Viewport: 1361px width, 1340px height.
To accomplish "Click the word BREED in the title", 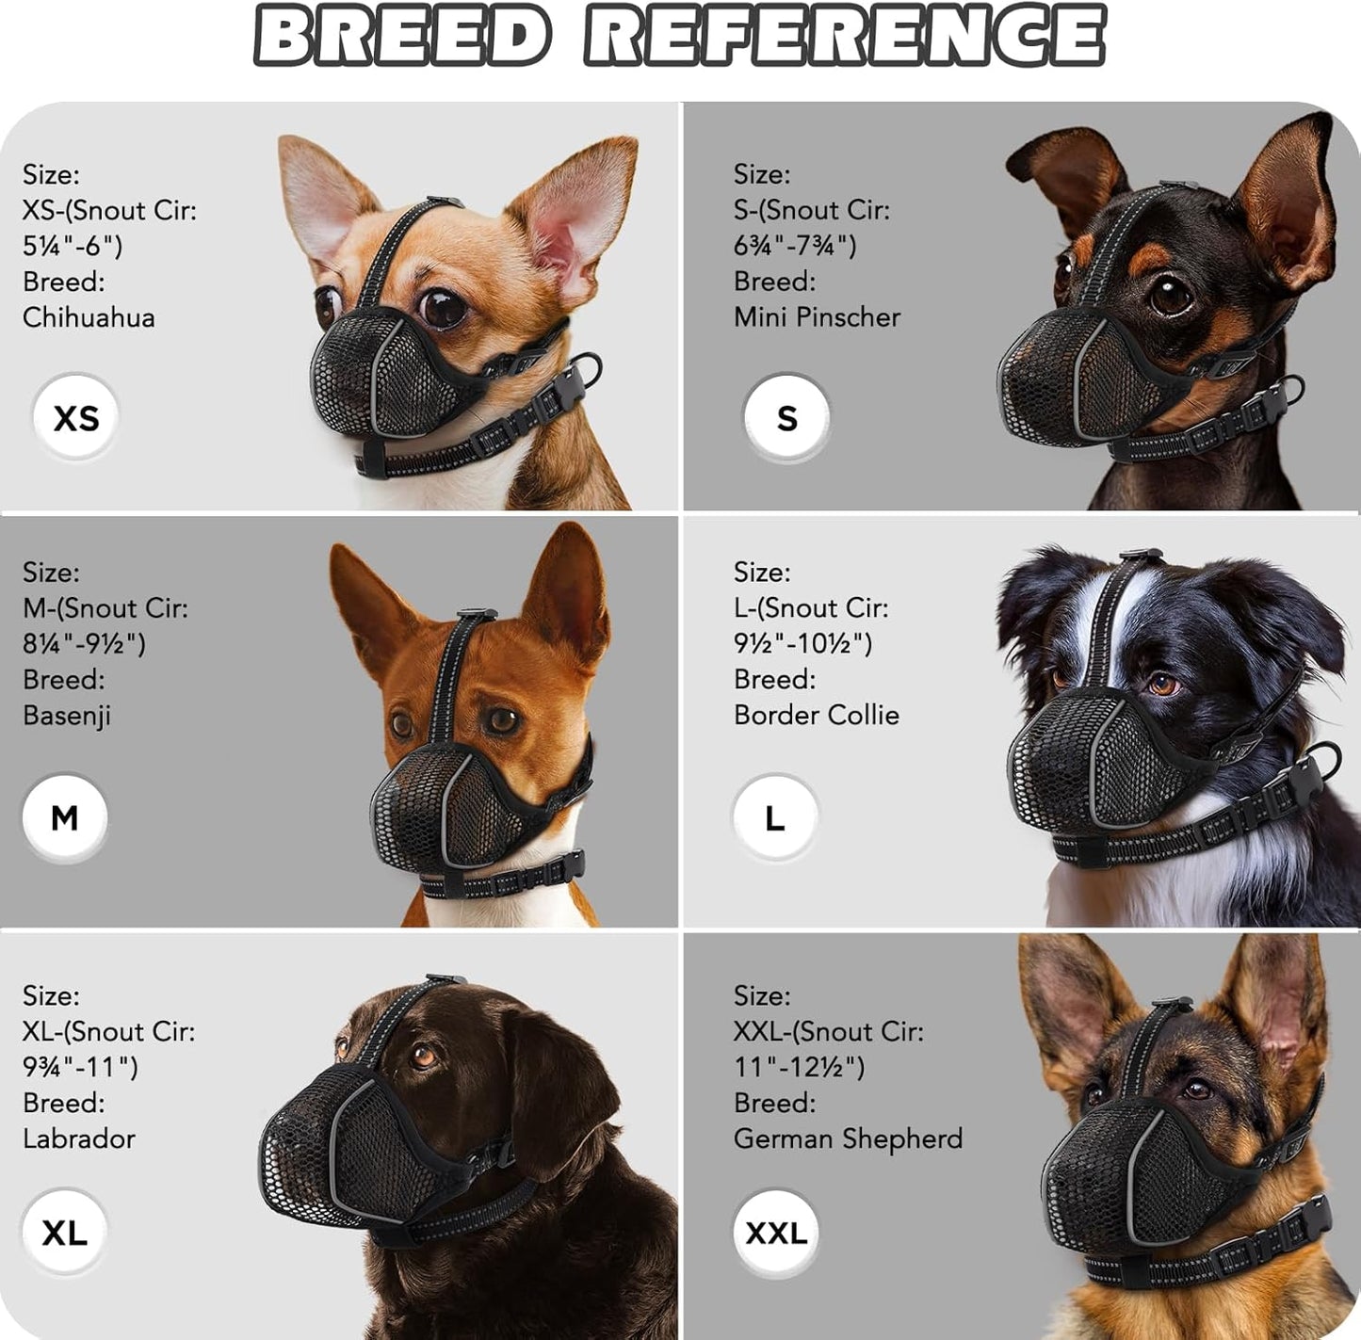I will point(402,36).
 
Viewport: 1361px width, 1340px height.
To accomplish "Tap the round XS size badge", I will point(76,417).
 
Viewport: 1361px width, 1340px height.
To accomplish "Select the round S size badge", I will point(786,417).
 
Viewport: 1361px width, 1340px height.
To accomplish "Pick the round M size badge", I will point(65,817).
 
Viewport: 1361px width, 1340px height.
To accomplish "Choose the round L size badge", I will point(774,817).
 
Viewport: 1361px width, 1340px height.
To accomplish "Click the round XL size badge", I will point(64,1232).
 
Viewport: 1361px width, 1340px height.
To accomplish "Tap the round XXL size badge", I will point(776,1232).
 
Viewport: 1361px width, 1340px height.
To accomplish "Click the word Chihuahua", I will point(89,317).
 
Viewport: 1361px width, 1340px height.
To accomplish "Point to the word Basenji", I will point(67,716).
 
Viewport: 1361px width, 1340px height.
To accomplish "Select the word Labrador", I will point(79,1139).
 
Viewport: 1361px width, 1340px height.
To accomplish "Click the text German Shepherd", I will point(848,1139).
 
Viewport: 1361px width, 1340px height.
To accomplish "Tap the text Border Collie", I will point(816,716).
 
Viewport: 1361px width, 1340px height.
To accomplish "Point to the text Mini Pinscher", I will point(817,317).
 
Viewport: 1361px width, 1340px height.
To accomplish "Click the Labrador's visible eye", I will point(423,1056).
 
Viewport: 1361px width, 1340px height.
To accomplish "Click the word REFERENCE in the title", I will point(845,36).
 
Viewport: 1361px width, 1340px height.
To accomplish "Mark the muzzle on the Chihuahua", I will point(386,377).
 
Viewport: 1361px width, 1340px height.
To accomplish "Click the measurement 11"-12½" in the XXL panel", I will point(799,1067).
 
